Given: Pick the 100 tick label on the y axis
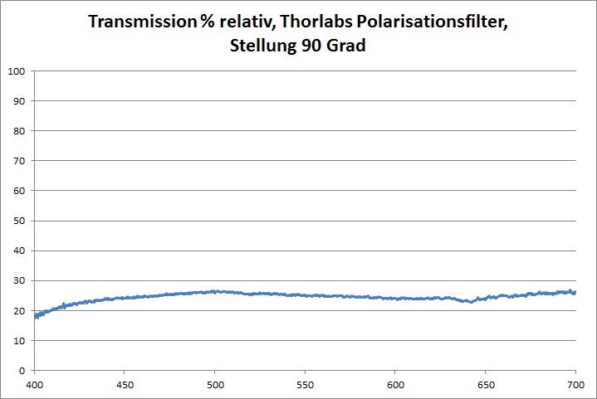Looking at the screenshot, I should click(x=15, y=71).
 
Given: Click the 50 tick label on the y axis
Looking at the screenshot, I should click(x=18, y=221).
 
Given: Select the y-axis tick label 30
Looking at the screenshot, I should click(x=18, y=280).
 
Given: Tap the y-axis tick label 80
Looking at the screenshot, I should click(x=18, y=131).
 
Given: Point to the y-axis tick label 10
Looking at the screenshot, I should click(x=18, y=340).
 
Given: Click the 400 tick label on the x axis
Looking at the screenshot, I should click(x=34, y=385).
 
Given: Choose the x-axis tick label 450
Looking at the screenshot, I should click(x=125, y=385).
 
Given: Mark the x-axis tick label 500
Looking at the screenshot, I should click(x=214, y=385).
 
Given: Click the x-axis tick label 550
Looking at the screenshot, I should click(x=305, y=385).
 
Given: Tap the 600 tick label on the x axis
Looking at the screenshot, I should click(x=395, y=385).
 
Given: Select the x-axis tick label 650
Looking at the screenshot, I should click(x=485, y=385).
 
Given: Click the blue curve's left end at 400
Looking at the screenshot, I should click(x=35, y=315).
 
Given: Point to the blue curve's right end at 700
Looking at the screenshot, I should click(x=575, y=292).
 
